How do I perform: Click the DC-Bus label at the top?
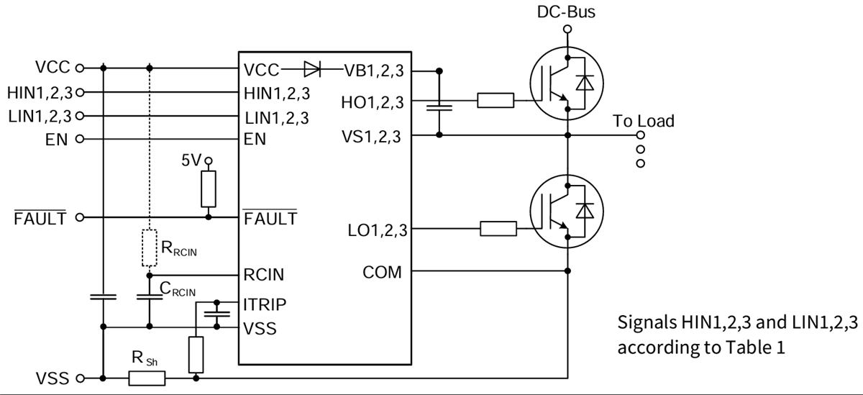(567, 12)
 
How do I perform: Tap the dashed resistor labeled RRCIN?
(149, 248)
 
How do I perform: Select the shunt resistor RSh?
(147, 377)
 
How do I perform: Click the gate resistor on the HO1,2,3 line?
(496, 101)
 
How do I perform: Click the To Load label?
(644, 121)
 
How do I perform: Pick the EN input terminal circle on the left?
(80, 138)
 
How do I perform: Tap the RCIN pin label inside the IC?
(264, 275)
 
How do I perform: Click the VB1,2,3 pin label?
(375, 70)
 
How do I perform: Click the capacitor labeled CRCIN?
(149, 296)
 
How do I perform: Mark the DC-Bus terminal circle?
(567, 29)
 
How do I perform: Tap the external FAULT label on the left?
(40, 217)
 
